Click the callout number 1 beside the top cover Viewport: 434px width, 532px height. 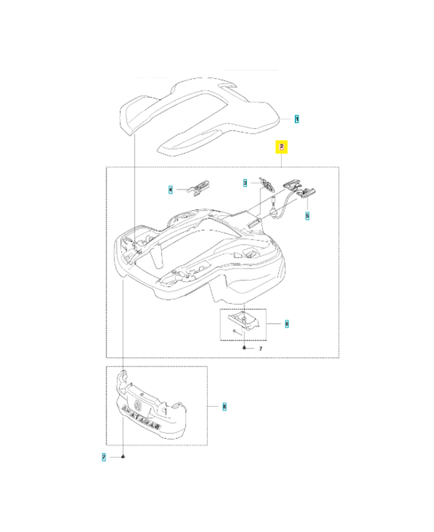pyautogui.click(x=297, y=119)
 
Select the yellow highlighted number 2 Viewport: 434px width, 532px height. pyautogui.click(x=282, y=147)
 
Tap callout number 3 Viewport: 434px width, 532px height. pyautogui.click(x=245, y=182)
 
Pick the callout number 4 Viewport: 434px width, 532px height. pyautogui.click(x=170, y=190)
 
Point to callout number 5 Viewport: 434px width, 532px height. pyautogui.click(x=307, y=215)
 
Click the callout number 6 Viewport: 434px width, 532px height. pyautogui.click(x=286, y=324)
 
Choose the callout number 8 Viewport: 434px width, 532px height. pyautogui.click(x=224, y=406)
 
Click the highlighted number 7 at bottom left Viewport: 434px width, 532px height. pyautogui.click(x=105, y=457)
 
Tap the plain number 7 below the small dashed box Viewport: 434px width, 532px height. pyautogui.click(x=260, y=348)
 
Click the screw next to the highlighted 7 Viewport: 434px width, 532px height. pyautogui.click(x=124, y=457)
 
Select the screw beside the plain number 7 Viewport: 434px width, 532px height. pyautogui.click(x=245, y=348)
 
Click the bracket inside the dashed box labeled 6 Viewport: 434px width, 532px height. pyautogui.click(x=243, y=325)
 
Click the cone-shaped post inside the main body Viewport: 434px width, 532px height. pyautogui.click(x=157, y=253)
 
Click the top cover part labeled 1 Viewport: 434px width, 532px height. pyautogui.click(x=200, y=113)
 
